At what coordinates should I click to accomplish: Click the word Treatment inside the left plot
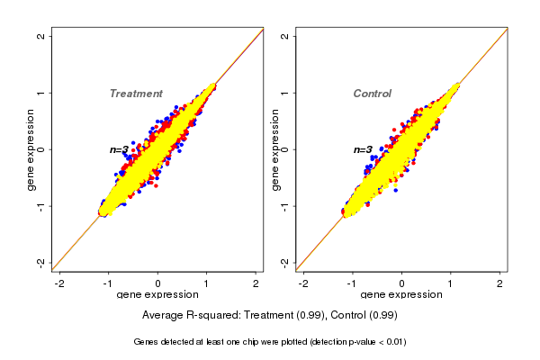point(136,94)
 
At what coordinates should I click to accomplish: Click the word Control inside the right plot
point(373,94)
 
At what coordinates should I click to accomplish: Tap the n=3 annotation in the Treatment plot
point(121,149)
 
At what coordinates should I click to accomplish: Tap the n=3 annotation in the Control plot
point(363,149)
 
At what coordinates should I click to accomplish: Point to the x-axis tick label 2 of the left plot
point(256,283)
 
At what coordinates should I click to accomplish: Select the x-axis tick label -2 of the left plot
point(59,283)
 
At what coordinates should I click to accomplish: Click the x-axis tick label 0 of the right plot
point(402,283)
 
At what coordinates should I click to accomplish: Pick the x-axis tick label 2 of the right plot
point(500,283)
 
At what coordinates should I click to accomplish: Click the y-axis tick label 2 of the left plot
point(41,36)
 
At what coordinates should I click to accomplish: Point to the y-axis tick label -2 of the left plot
point(41,262)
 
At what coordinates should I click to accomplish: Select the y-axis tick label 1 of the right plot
point(284,93)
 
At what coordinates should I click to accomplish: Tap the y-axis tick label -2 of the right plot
point(284,262)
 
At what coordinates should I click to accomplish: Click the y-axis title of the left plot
point(31,149)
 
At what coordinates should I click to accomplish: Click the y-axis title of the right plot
point(274,149)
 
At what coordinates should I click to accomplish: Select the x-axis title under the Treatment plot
point(157,295)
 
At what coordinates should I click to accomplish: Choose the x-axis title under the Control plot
point(400,295)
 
